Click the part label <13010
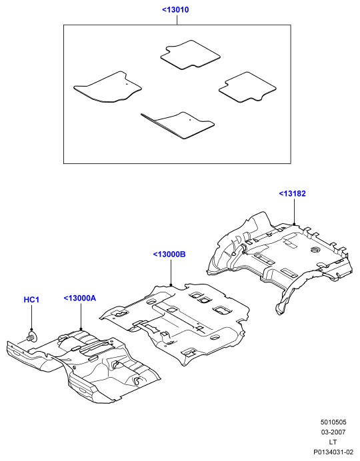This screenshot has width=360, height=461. (x=175, y=10)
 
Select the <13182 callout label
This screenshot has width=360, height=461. (x=292, y=193)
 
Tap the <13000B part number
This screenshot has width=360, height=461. (x=169, y=254)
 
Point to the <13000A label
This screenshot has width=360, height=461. (x=80, y=298)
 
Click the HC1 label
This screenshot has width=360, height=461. (x=31, y=300)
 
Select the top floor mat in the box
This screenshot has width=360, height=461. (x=190, y=55)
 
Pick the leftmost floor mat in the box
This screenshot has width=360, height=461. (x=107, y=87)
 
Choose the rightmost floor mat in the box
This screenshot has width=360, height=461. (x=247, y=87)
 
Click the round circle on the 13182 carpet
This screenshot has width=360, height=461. (x=315, y=250)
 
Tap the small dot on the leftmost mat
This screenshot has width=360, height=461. (x=127, y=84)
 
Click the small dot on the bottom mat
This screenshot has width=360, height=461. (x=190, y=120)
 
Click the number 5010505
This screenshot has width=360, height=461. (x=333, y=422)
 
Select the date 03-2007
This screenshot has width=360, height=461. (x=333, y=432)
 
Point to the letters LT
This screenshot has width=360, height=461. (x=333, y=442)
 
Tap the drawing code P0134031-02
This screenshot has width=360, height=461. (x=333, y=452)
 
